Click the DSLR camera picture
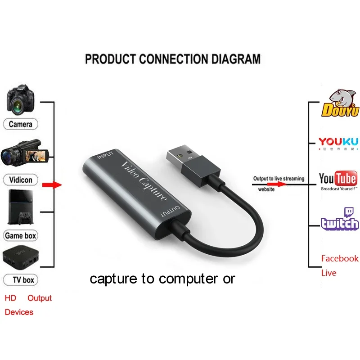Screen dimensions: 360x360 [21, 99]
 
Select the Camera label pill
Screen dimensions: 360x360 [21, 124]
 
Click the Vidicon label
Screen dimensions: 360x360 [21, 180]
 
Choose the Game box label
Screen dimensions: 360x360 [21, 235]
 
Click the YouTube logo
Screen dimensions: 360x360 [338, 180]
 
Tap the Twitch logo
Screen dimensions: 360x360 [340, 219]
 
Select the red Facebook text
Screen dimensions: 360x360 [340, 258]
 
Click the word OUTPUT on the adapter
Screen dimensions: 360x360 [171, 211]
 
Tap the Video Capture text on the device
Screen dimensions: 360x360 [144, 182]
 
